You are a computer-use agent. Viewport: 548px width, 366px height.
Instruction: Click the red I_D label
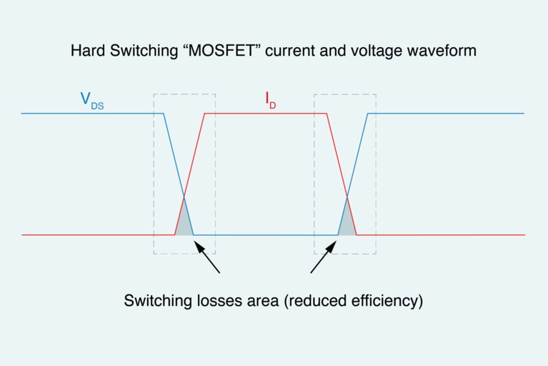click(271, 102)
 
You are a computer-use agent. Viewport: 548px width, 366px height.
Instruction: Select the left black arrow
click(207, 259)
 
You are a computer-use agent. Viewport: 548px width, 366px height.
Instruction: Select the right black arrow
click(323, 259)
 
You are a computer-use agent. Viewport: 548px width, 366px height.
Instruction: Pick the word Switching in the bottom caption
click(154, 300)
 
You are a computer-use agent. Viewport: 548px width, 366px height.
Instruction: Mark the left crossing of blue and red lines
click(184, 196)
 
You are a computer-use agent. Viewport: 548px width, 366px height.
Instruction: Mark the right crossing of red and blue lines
click(347, 196)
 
